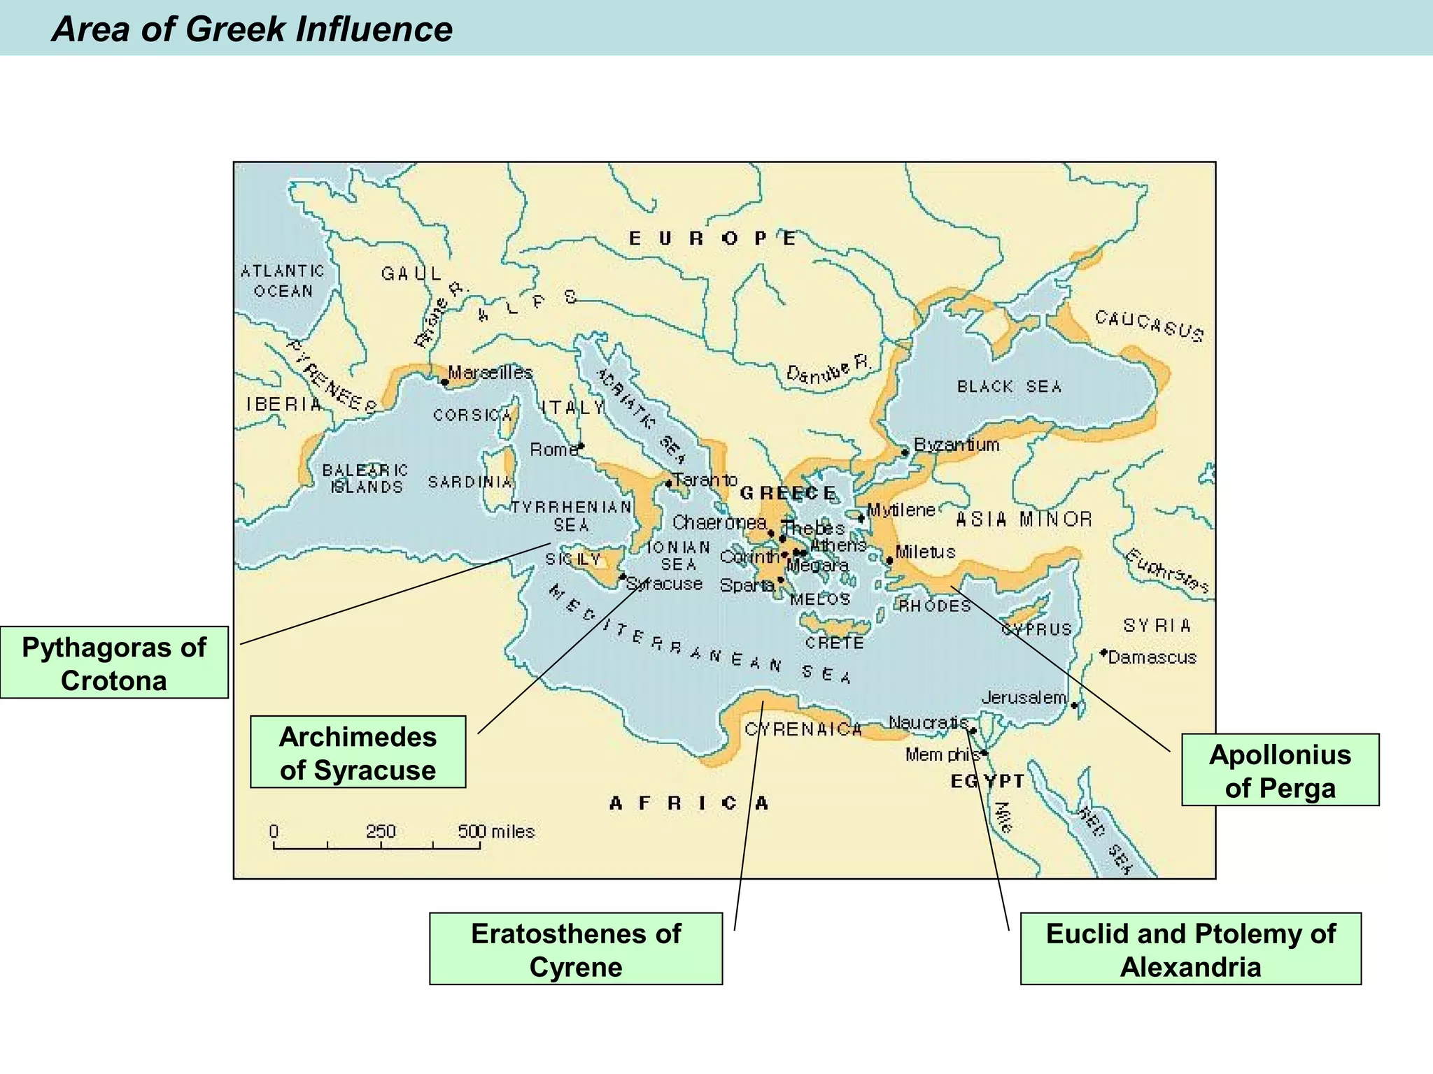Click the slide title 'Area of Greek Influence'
tap(252, 29)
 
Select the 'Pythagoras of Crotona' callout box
tap(114, 663)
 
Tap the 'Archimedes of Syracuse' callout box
tap(358, 752)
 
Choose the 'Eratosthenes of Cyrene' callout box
tap(575, 949)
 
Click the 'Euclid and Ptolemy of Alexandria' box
tap(1190, 949)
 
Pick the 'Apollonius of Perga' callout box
tap(1280, 770)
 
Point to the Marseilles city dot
tap(445, 382)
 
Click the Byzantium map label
tap(956, 445)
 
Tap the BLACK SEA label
tap(1009, 387)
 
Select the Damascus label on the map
tap(1152, 658)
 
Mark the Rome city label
tap(553, 450)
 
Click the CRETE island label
tap(834, 643)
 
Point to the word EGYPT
tap(987, 782)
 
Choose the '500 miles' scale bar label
tap(496, 831)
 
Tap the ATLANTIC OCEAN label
tap(283, 280)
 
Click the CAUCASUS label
tap(1149, 327)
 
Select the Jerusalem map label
tap(1024, 697)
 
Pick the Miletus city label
tap(925, 552)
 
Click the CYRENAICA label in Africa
tap(803, 729)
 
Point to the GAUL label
tap(411, 273)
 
